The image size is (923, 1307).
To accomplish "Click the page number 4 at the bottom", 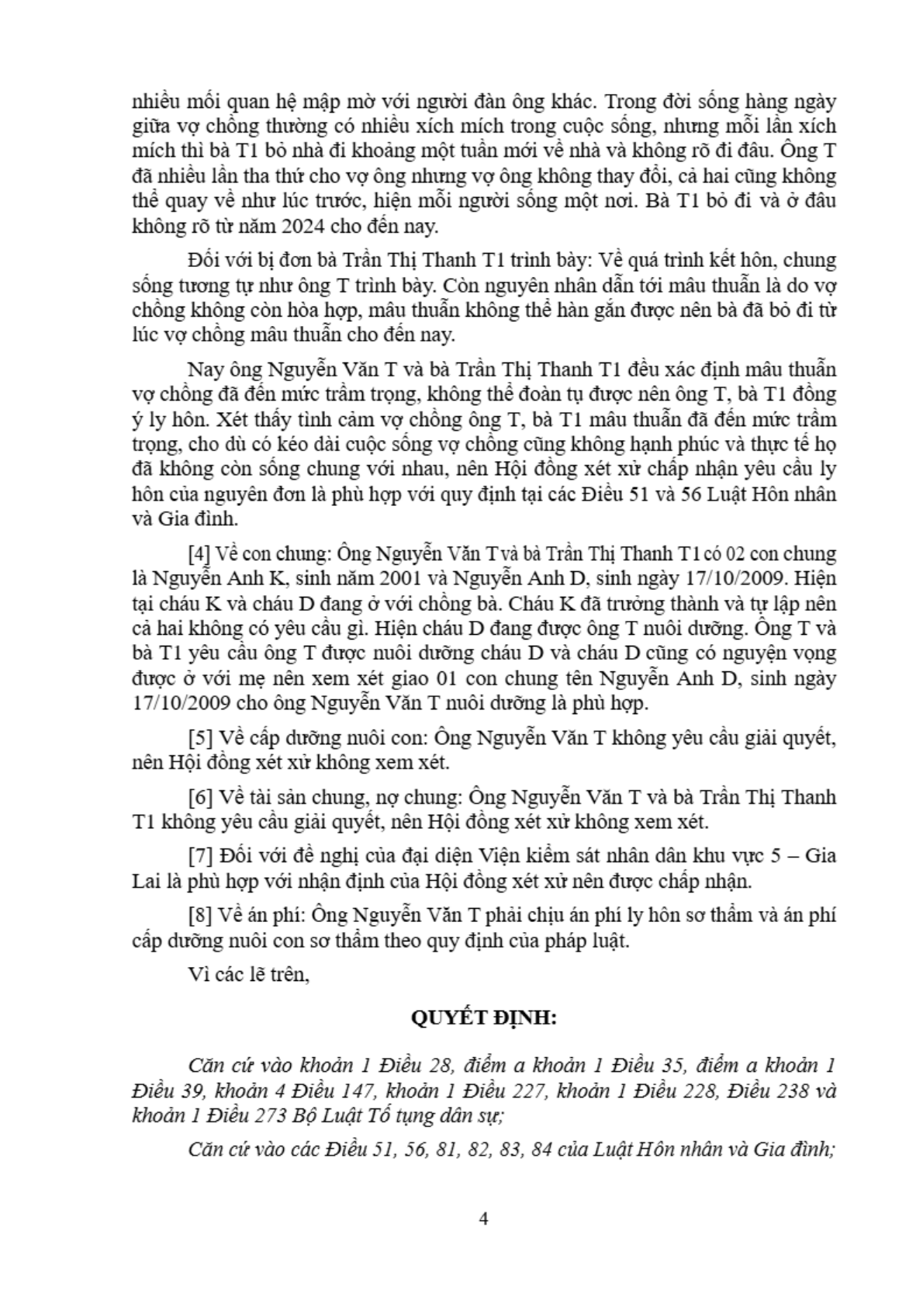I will click(484, 1218).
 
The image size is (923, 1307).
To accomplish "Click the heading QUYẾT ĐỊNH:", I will click(483, 1017).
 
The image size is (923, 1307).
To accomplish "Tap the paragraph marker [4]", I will click(199, 554).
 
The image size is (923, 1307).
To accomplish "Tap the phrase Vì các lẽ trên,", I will click(248, 974).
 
